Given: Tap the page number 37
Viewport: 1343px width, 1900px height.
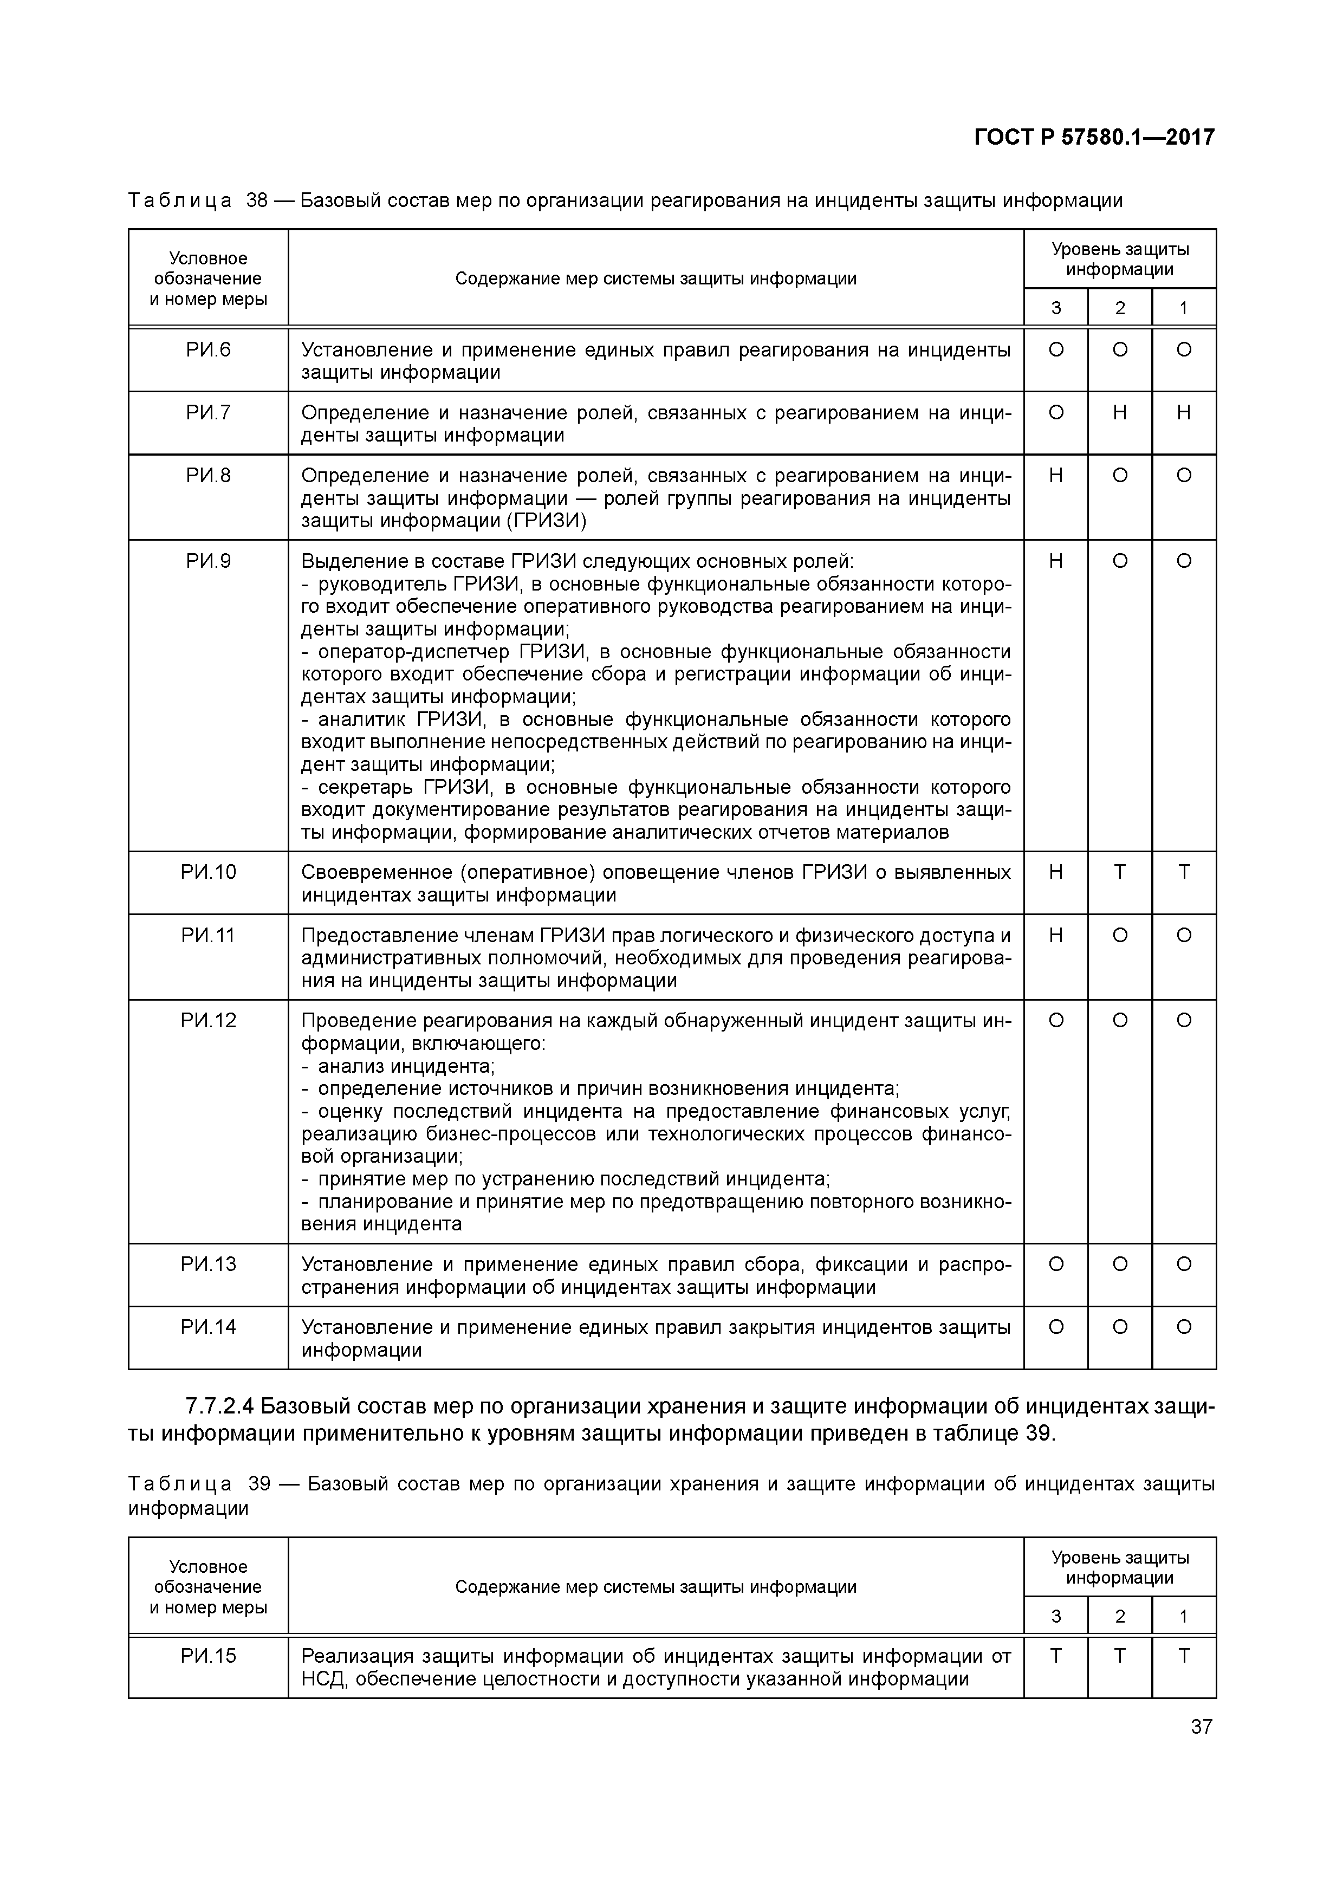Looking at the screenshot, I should (1201, 1726).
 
